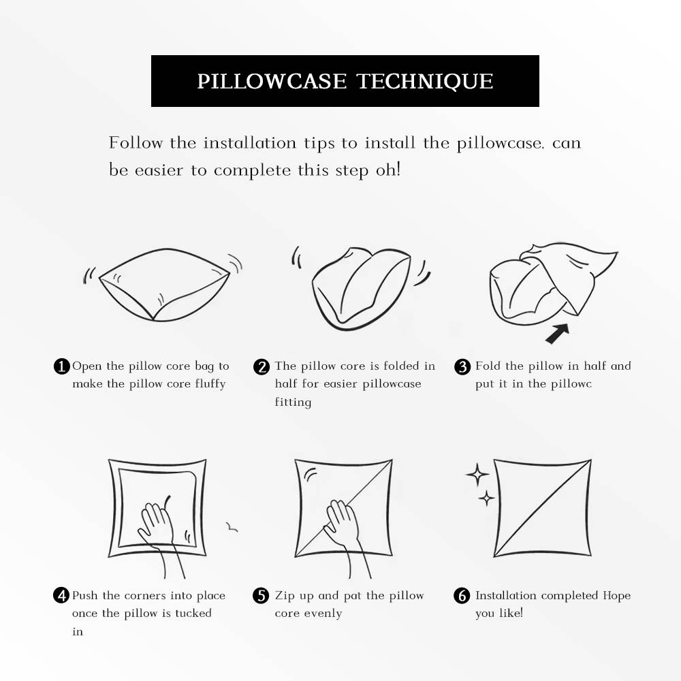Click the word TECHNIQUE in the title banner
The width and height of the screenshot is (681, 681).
point(425,81)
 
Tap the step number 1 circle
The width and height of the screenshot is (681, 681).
point(61,366)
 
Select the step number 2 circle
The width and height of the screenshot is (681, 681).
point(262,366)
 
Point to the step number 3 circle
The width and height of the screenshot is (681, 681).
point(462,366)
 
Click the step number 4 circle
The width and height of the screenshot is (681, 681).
point(61,596)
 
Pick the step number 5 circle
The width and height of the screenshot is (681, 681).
point(262,596)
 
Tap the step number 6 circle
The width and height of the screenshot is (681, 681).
point(462,596)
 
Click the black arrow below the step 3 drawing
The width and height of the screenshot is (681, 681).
point(557,333)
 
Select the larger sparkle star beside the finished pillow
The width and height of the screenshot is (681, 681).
point(477,475)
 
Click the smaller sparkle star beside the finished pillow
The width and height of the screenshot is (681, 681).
point(486,498)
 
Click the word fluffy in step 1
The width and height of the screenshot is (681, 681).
point(210,384)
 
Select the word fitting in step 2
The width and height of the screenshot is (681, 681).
point(293,402)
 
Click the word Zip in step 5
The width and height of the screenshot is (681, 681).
point(285,596)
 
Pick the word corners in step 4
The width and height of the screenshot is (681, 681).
point(144,596)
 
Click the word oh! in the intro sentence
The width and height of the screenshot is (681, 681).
point(388,170)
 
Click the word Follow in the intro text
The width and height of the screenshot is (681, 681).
point(136,143)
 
